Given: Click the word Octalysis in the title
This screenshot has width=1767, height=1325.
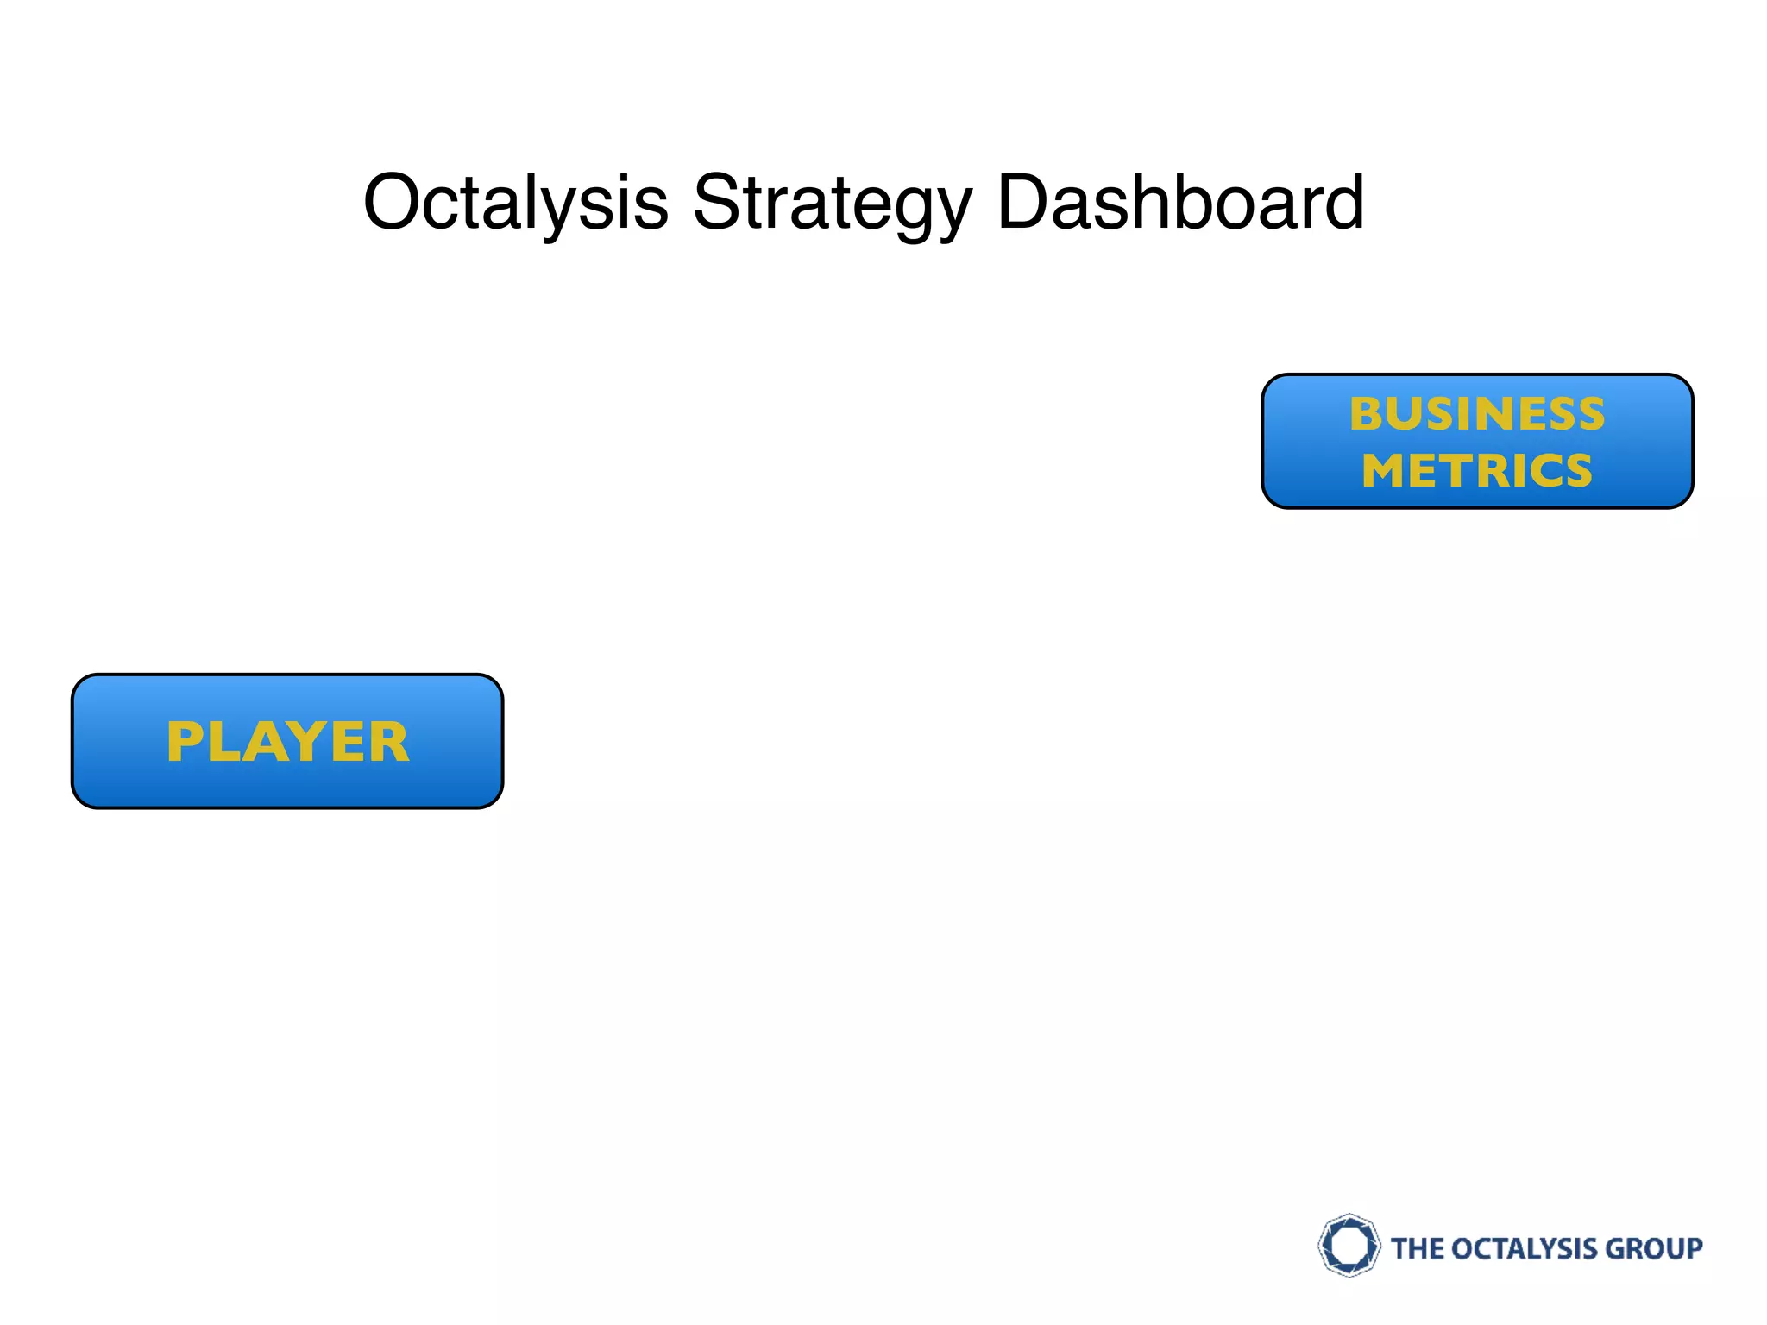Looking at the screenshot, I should tap(516, 203).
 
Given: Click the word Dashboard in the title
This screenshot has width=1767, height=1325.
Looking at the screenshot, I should tap(1180, 203).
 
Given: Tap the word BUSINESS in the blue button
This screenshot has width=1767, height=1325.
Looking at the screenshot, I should tap(1477, 413).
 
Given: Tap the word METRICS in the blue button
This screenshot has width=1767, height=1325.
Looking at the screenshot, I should tap(1477, 471).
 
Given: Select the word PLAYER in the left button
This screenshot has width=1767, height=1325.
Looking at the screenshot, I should tap(287, 742).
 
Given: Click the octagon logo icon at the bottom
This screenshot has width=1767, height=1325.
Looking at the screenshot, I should tap(1349, 1246).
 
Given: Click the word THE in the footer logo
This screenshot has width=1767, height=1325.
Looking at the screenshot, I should tap(1418, 1248).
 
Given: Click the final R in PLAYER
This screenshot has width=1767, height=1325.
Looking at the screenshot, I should tap(388, 742).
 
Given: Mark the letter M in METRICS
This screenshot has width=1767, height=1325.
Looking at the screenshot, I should tap(1387, 471).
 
